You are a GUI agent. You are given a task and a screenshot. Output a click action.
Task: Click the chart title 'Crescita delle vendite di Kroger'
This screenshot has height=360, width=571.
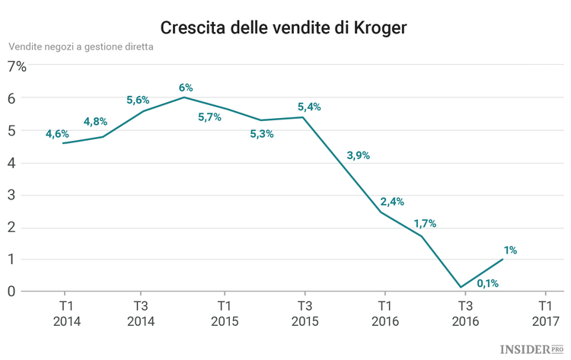[284, 28]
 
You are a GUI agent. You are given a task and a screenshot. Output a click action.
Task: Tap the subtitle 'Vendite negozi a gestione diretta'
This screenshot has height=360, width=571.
[81, 46]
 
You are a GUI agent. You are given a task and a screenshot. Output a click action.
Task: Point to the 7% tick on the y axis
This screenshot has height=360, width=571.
[17, 66]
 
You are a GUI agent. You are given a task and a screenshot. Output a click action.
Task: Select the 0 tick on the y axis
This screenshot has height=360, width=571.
[11, 292]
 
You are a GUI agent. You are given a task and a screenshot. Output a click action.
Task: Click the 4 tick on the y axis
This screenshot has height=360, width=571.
[11, 163]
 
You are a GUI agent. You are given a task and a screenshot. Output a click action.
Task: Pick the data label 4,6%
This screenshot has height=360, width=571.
[57, 134]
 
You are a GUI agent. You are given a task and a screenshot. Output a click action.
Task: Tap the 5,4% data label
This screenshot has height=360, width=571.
[308, 107]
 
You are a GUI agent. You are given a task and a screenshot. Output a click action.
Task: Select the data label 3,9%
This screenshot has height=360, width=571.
[358, 155]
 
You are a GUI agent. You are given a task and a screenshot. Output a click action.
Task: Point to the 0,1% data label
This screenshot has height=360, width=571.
[487, 284]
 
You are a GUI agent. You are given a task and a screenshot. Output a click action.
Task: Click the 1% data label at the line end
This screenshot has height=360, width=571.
[510, 250]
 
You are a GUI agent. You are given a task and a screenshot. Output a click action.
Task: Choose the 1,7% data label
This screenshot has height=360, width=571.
[425, 224]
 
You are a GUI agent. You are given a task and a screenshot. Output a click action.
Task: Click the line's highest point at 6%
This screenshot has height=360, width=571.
[183, 97]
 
